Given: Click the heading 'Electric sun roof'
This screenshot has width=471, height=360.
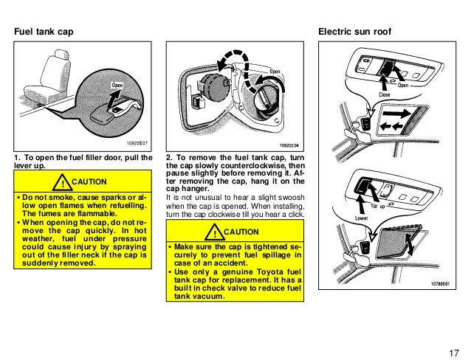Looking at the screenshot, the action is tap(354, 33).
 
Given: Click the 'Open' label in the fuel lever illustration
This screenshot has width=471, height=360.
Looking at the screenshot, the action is tap(117, 85).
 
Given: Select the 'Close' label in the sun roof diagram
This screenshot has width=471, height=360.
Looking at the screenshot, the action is tap(385, 95).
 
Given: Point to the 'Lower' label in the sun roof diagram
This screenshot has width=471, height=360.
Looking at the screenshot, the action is tap(341, 219).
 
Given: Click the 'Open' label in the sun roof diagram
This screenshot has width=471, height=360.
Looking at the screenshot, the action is tap(403, 85).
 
